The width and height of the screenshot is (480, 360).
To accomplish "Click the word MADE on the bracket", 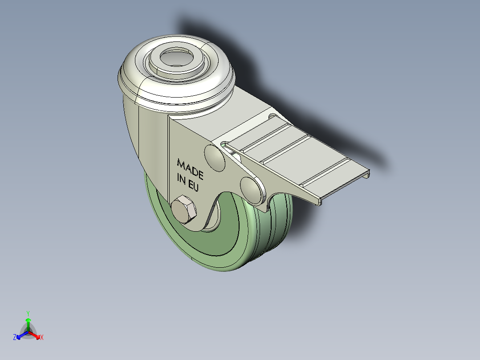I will tap(190, 168).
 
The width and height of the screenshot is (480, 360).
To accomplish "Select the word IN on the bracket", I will tap(182, 179).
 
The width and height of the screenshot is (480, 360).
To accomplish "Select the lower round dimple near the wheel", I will tap(252, 189).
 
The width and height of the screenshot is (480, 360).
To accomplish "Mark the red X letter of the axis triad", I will tap(42, 338).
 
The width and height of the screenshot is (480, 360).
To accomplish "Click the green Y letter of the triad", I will tap(28, 313).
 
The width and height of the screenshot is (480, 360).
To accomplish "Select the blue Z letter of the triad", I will tap(15, 338).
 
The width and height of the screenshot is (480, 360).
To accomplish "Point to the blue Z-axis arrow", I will tap(20, 335).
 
